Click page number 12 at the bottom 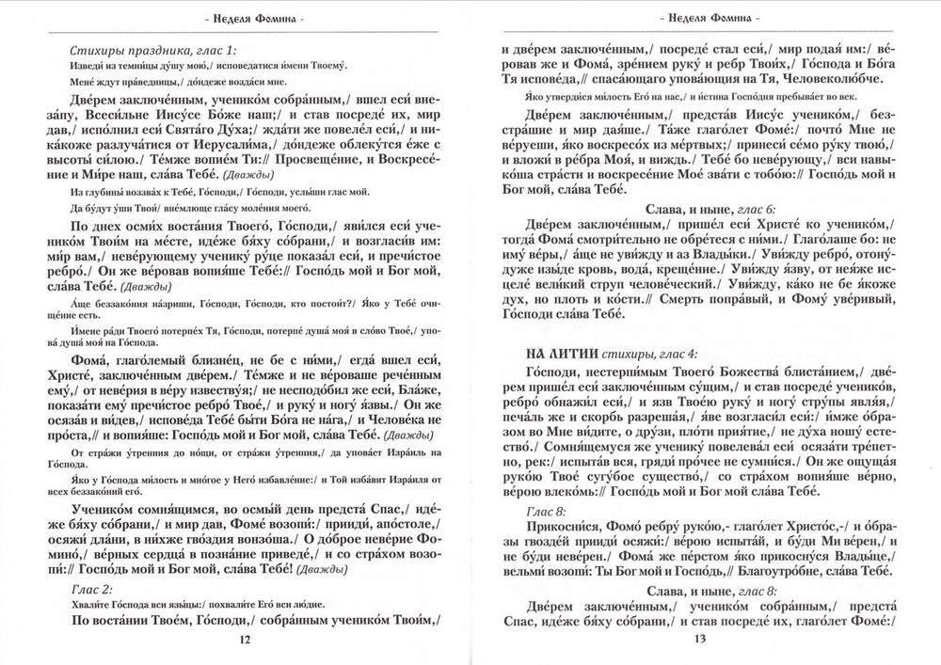tap(245, 640)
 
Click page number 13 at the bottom tap(698, 640)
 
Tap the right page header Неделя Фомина tap(698, 17)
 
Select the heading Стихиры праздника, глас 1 tap(153, 48)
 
